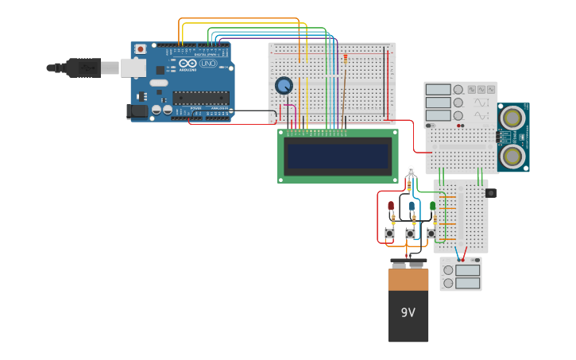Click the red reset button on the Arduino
tap(141, 49)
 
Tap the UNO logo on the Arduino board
tap(208, 63)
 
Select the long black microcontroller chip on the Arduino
tap(201, 98)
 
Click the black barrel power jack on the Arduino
tap(137, 112)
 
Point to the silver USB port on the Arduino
tap(133, 68)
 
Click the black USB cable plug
tap(83, 68)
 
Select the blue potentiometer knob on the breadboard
tap(284, 85)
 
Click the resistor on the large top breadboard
tap(345, 59)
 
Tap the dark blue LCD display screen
tap(338, 157)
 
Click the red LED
tap(391, 206)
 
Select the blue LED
tap(412, 206)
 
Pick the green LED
tap(433, 206)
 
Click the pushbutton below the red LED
tap(389, 233)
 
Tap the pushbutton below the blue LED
tap(410, 233)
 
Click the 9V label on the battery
tap(408, 312)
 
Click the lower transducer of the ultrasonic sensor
tap(514, 156)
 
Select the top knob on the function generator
tap(458, 90)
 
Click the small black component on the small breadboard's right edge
tap(490, 192)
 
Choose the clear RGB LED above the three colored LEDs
tap(410, 170)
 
